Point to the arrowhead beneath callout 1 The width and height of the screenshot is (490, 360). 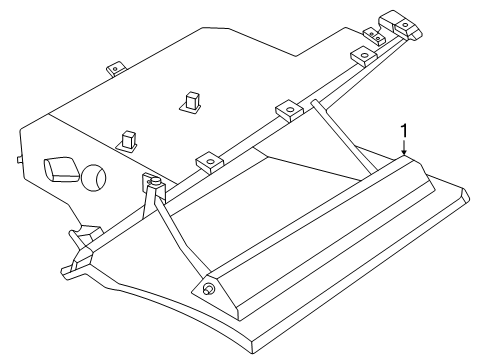click(402, 155)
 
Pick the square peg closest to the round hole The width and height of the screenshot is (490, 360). click(128, 137)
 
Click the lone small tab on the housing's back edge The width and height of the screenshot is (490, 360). click(115, 69)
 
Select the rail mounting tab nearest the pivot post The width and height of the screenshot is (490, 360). click(208, 159)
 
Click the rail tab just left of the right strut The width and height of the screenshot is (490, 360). click(287, 109)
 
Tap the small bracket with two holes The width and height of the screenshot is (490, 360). click(373, 37)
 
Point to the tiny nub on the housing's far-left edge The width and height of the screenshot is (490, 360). click(20, 159)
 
